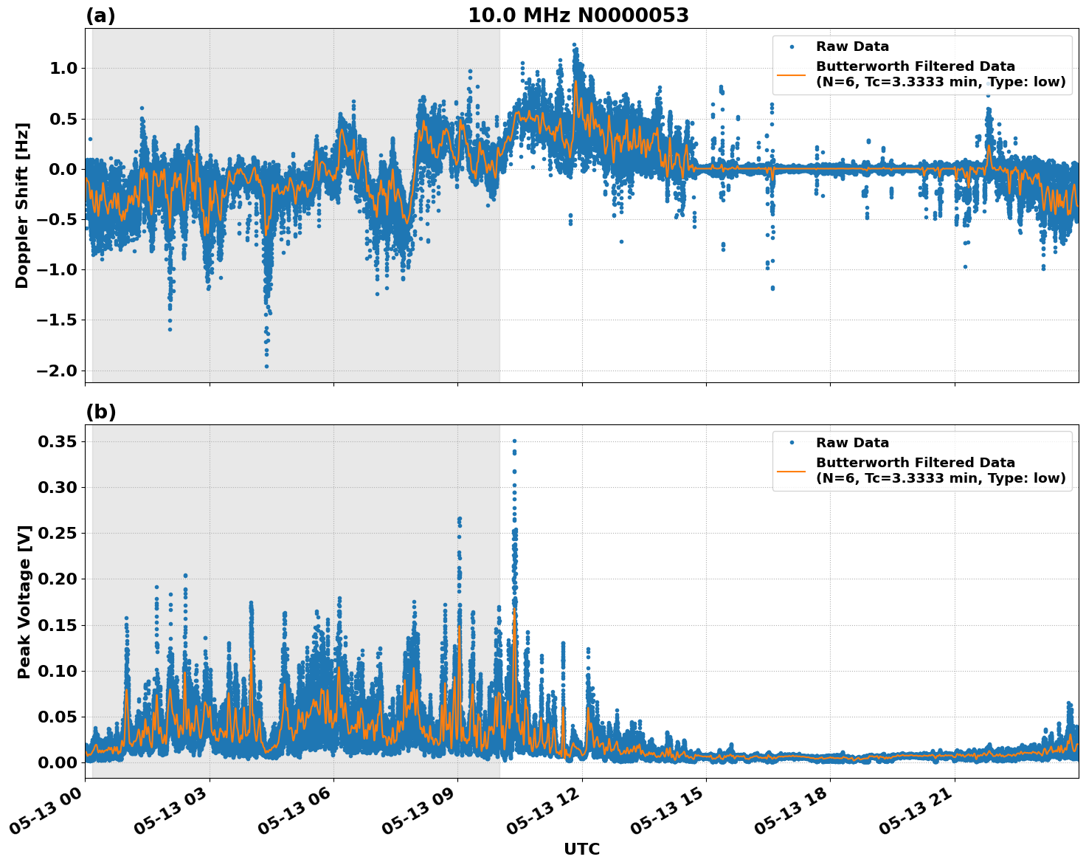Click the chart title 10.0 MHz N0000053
pyautogui.click(x=578, y=15)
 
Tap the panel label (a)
pyautogui.click(x=100, y=15)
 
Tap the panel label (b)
pyautogui.click(x=100, y=412)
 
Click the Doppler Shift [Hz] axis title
pyautogui.click(x=22, y=205)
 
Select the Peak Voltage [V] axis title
pyautogui.click(x=24, y=602)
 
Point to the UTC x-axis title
pyautogui.click(x=581, y=849)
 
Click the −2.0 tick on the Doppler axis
pyautogui.click(x=56, y=371)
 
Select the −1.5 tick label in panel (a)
pyautogui.click(x=56, y=320)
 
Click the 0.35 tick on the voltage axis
pyautogui.click(x=58, y=441)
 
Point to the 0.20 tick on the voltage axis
pyautogui.click(x=58, y=579)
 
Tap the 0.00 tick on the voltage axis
pyautogui.click(x=58, y=762)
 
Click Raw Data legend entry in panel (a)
pyautogui.click(x=852, y=46)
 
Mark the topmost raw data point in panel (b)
pyautogui.click(x=514, y=441)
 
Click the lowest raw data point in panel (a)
pyautogui.click(x=267, y=366)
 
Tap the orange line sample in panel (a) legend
pyautogui.click(x=792, y=75)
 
